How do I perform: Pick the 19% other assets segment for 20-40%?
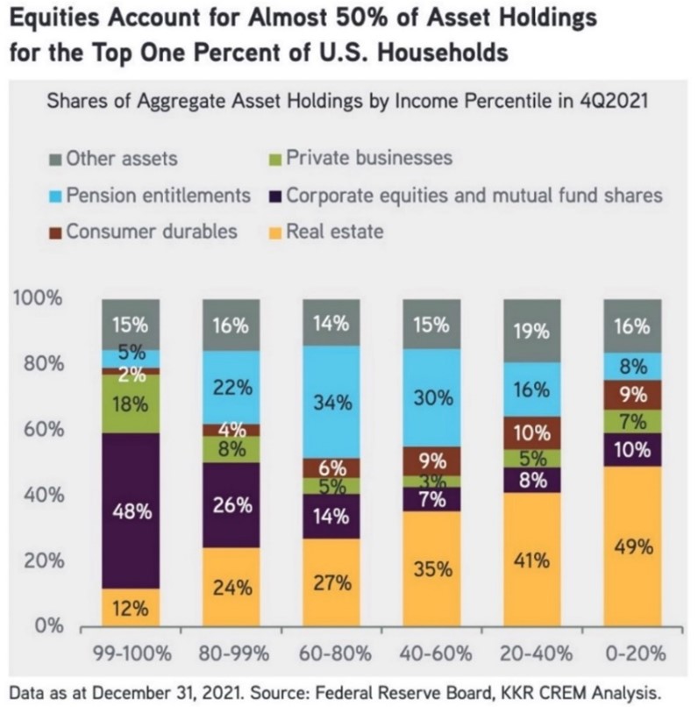point(532,330)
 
